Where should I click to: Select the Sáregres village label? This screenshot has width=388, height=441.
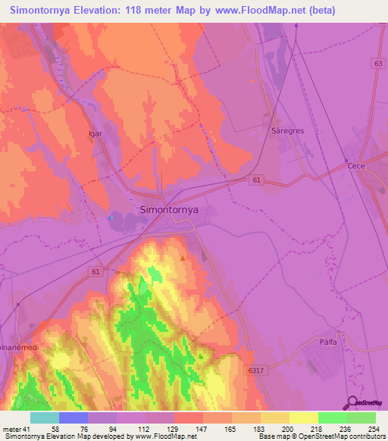(287, 130)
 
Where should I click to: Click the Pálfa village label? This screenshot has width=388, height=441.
(327, 342)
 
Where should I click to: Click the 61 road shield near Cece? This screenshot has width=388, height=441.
(258, 180)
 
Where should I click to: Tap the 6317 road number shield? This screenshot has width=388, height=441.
(257, 370)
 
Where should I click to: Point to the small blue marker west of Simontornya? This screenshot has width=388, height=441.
(111, 218)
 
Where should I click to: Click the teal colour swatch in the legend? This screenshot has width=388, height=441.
(45, 418)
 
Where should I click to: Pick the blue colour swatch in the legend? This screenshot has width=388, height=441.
(74, 418)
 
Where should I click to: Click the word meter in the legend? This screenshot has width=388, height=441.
(11, 429)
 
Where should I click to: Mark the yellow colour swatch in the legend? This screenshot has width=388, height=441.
(304, 418)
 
